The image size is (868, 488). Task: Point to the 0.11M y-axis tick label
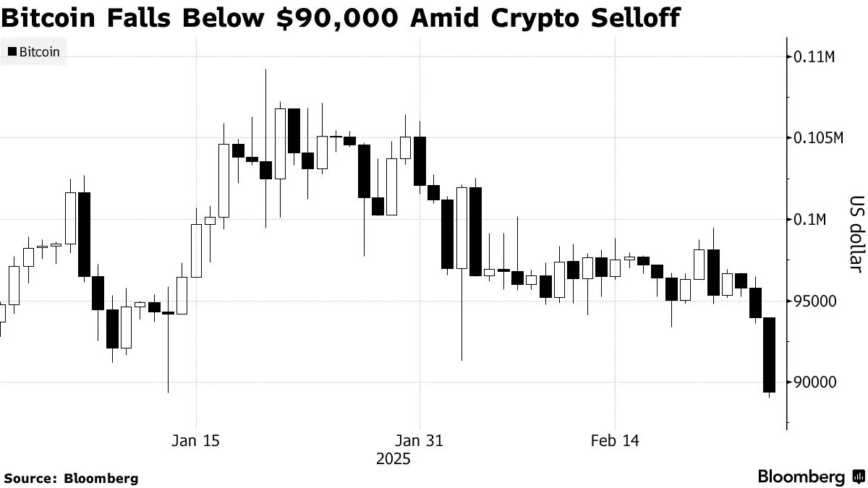pos(814,56)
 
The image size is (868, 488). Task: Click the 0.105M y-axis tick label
pos(819,137)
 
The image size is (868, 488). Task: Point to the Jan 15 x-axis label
pos(196,440)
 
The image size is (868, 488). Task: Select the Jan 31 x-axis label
pos(420,440)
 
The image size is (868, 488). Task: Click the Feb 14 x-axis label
pos(615,440)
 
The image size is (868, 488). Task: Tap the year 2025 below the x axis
pos(393,459)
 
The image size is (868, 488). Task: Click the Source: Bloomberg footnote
pos(71,478)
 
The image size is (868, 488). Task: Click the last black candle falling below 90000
pos(769,355)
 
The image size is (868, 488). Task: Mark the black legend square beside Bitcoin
pos(12,51)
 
